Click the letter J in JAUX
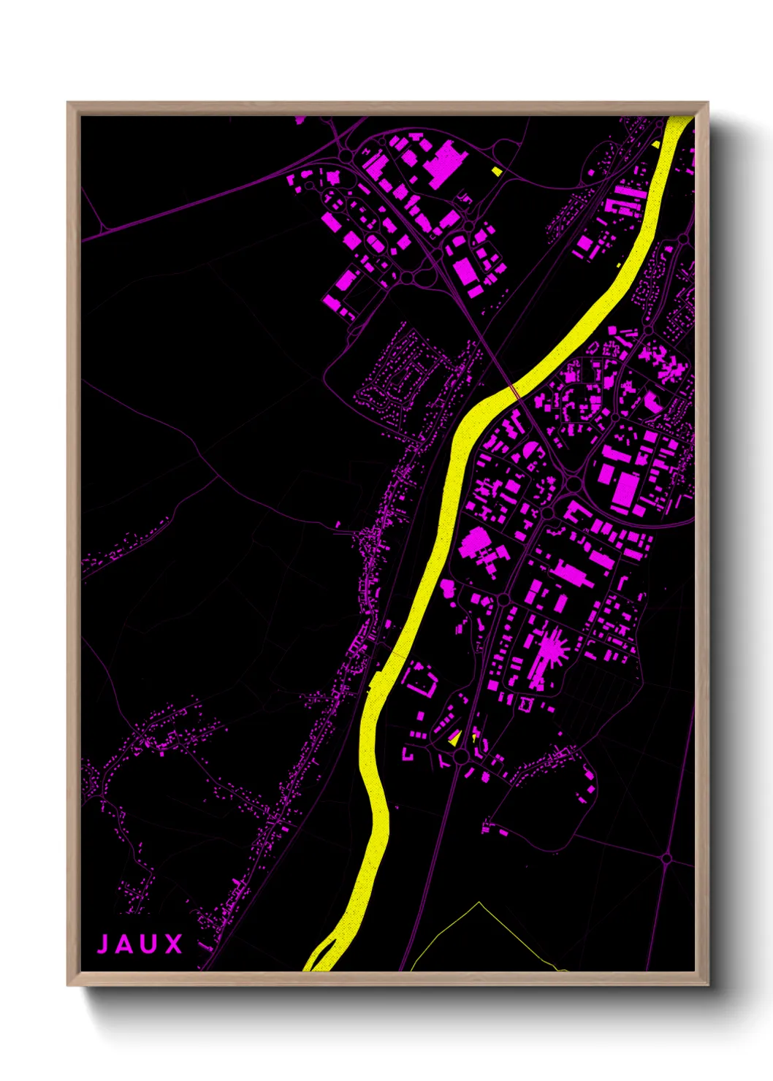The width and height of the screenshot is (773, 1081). point(103,944)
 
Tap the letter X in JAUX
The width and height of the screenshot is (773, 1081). point(173,944)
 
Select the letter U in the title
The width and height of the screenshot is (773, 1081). point(149,944)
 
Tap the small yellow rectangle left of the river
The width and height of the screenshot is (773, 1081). point(497,172)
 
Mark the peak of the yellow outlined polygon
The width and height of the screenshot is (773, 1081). point(479,903)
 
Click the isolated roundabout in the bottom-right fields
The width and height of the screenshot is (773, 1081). point(666,858)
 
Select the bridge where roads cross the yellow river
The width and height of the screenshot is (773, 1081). point(516,392)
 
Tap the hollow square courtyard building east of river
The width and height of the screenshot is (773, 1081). point(419,679)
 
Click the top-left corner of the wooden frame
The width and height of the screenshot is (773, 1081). point(68,103)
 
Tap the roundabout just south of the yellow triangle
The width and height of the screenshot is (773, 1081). point(461,757)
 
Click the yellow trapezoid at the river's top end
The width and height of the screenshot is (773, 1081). point(678,123)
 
